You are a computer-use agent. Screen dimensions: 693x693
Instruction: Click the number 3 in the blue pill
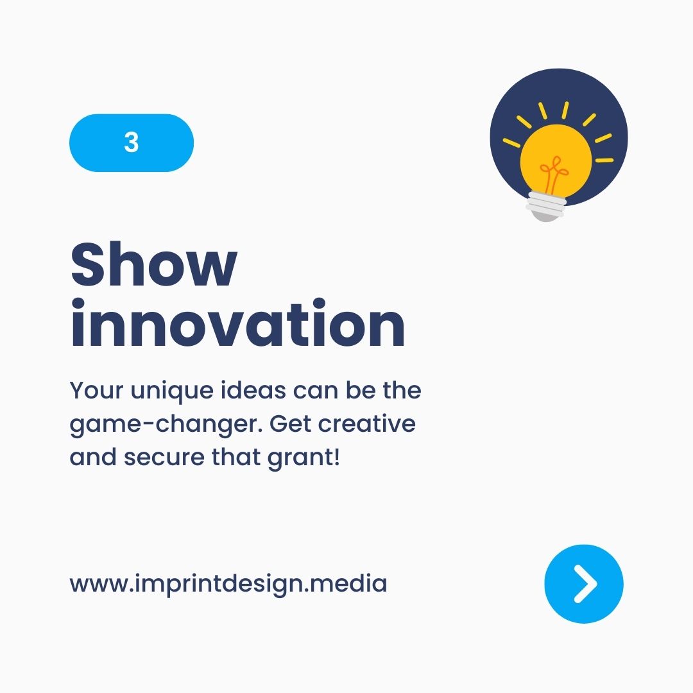132,142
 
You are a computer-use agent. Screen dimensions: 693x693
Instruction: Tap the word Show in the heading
154,264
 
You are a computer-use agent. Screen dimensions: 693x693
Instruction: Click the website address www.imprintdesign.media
228,584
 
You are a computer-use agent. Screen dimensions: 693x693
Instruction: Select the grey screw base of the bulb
546,206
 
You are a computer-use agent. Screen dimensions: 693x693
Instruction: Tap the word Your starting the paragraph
94,390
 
